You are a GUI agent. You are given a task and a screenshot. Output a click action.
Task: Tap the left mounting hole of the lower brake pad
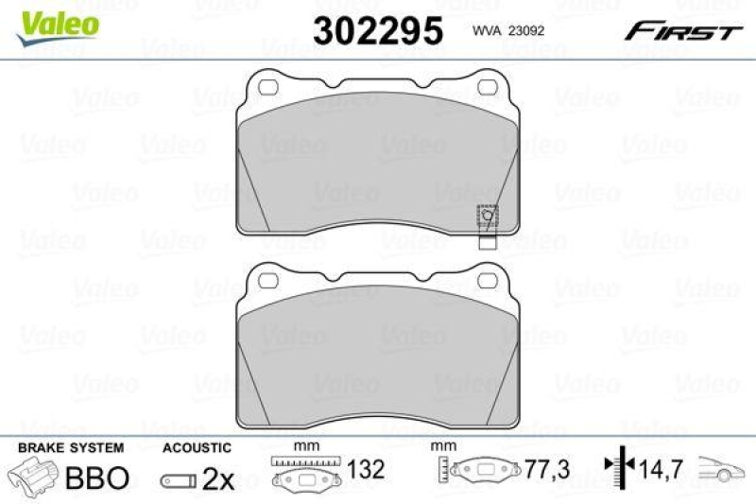267,280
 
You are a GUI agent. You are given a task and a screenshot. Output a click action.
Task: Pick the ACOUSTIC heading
197,446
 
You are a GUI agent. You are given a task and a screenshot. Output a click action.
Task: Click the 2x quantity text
218,478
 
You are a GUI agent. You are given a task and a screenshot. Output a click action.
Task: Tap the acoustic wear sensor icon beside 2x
179,480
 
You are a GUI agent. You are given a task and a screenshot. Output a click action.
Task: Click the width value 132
366,470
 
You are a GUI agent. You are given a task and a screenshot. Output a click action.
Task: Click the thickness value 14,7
661,470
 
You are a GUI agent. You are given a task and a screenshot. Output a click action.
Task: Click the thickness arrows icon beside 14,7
619,468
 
